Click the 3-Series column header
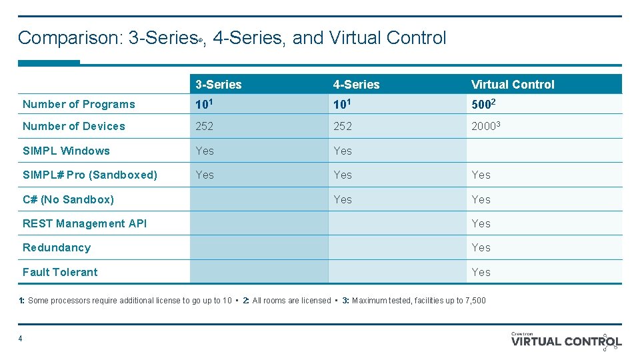pos(219,85)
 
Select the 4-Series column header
pos(356,85)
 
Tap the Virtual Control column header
pos(512,85)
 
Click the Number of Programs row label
pos(79,104)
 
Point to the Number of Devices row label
pos(74,126)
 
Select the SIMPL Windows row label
pos(66,151)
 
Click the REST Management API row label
pos(85,223)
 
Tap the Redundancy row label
pos(57,247)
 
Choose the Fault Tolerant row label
pos(60,272)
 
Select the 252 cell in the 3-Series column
pos(205,126)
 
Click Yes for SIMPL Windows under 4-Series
pos(343,151)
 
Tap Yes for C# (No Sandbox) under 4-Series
pos(343,199)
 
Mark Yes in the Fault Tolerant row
pos(481,272)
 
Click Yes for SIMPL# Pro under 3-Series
pos(205,175)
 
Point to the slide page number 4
pos(21,339)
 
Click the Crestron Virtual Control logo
pos(566,341)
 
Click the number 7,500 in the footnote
pos(474,301)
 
